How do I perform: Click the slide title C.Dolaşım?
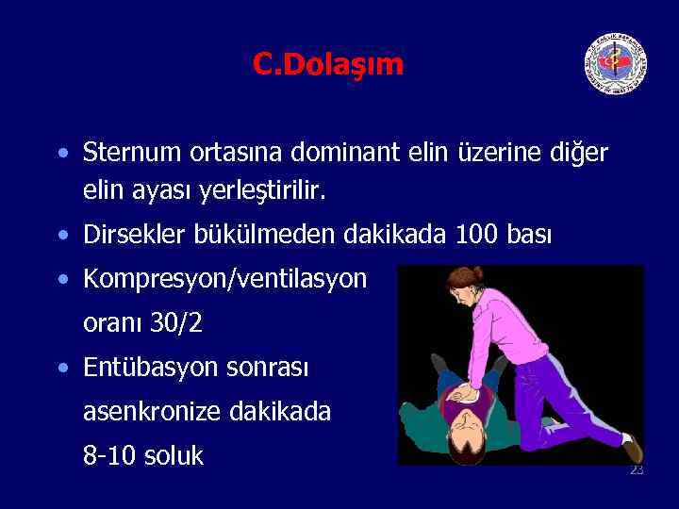pyautogui.click(x=327, y=64)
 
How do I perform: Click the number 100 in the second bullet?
pyautogui.click(x=476, y=234)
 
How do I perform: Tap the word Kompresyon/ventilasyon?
pyautogui.click(x=225, y=279)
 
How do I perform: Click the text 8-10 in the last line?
pyautogui.click(x=107, y=455)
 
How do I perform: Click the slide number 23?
pyautogui.click(x=637, y=469)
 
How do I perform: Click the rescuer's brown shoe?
pyautogui.click(x=632, y=449)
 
